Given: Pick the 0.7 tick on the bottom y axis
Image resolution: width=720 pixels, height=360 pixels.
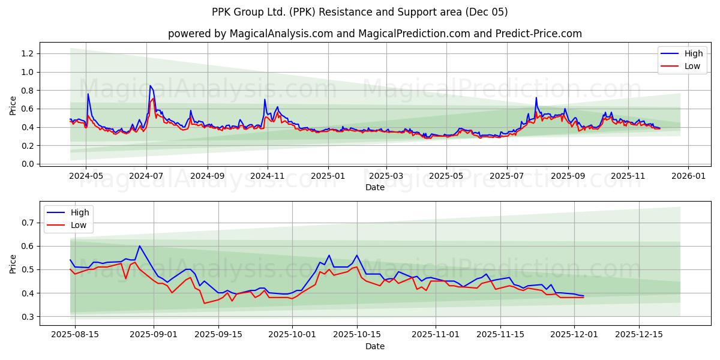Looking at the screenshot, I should pos(28,223).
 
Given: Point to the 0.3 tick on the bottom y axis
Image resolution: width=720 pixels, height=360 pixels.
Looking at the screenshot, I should pos(28,317).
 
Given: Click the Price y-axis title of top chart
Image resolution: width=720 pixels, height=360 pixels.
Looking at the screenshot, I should pos(13,106).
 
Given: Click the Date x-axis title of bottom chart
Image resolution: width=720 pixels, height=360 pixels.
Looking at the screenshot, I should pos(375,346).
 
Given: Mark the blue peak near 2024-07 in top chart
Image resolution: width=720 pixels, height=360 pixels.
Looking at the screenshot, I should pos(151,86).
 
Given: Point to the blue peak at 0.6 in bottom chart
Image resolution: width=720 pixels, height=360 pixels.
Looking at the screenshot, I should pos(139,246).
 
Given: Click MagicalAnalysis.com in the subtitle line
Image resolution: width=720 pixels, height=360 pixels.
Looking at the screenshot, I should pos(281,34).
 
